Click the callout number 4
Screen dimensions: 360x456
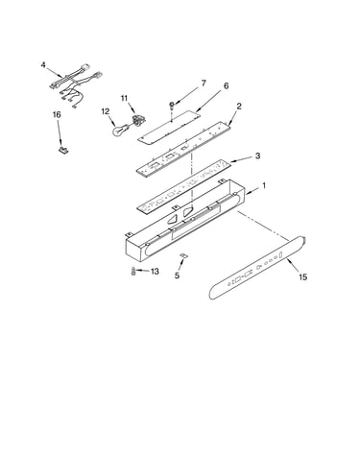tap(43, 65)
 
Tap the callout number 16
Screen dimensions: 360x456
tap(57, 115)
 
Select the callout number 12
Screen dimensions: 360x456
tap(106, 111)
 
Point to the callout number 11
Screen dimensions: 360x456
tap(124, 98)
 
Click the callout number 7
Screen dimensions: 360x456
tap(204, 84)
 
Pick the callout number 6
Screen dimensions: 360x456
tap(227, 85)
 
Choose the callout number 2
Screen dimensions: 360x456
tap(239, 107)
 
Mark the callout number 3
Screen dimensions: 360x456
tap(257, 156)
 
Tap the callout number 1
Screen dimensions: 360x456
tap(264, 185)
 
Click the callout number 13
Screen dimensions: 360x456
tap(155, 272)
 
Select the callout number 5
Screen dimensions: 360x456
tap(178, 276)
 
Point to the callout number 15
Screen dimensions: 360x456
tap(302, 276)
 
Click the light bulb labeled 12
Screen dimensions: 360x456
tap(121, 129)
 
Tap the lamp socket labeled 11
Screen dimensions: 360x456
tap(138, 119)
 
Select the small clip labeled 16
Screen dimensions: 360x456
tap(64, 150)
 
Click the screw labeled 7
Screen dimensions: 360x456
tap(172, 105)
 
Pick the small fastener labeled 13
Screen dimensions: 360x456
tap(133, 271)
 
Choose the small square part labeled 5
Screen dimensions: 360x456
tap(183, 254)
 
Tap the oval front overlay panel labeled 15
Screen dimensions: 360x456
tap(257, 268)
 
